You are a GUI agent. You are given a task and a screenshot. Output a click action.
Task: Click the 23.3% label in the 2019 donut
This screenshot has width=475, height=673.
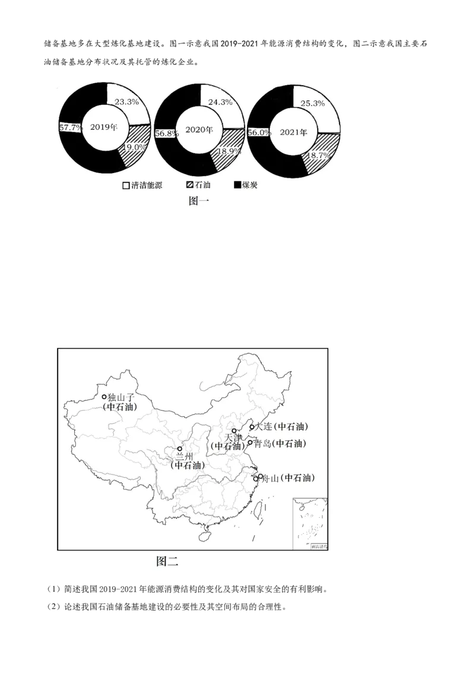(x=126, y=102)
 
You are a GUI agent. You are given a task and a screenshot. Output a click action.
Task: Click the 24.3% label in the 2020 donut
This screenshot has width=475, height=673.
(x=220, y=102)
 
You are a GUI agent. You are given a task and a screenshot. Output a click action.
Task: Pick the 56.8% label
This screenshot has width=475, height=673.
(x=166, y=133)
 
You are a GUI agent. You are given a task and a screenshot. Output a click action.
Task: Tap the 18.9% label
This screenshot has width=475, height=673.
(x=229, y=152)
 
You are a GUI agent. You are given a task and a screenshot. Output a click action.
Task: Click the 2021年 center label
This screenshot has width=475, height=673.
(x=294, y=133)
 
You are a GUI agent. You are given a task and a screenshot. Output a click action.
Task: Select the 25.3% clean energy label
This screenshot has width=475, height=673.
(x=312, y=103)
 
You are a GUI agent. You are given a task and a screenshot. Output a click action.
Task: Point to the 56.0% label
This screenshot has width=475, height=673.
(x=259, y=133)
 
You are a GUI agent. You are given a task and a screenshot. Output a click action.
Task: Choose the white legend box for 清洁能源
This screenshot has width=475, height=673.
(x=126, y=185)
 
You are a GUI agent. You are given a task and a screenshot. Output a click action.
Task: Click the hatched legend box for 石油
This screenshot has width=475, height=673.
(x=190, y=185)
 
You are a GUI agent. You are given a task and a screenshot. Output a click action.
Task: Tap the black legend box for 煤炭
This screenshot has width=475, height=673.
(x=237, y=185)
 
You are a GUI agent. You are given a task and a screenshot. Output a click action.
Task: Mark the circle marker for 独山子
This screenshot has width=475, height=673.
(x=104, y=397)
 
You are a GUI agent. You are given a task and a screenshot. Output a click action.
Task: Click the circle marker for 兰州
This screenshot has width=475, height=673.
(x=180, y=449)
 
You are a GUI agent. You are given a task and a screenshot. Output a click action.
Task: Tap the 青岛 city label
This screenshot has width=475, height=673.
(x=262, y=444)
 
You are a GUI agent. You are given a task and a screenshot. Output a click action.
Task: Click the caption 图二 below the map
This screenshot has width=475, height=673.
(x=167, y=561)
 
